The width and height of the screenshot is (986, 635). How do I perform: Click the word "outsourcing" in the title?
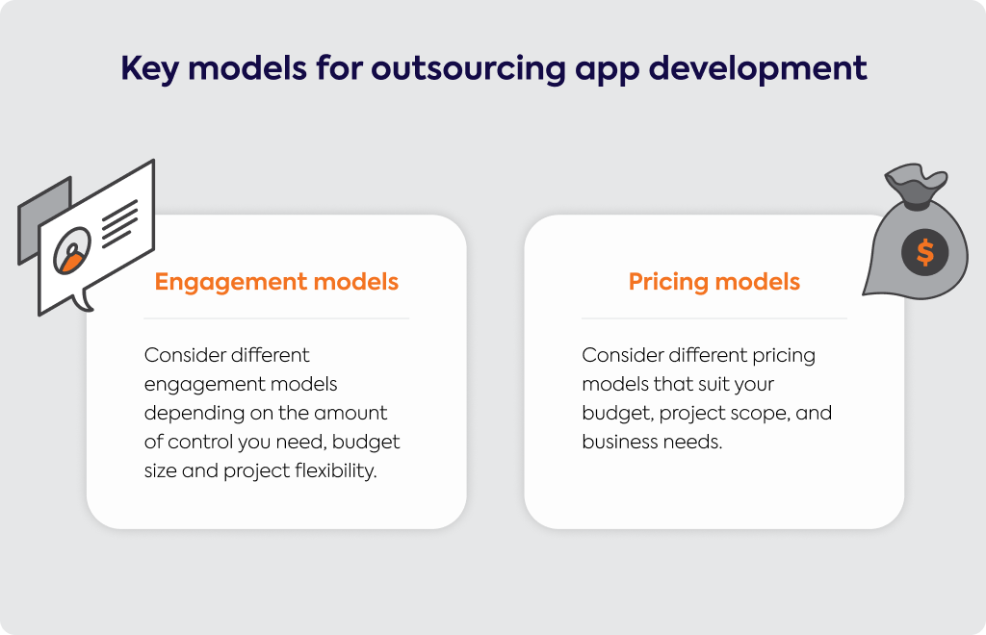click(x=469, y=69)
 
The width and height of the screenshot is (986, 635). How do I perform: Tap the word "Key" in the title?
click(x=149, y=69)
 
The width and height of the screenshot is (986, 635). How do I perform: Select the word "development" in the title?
click(x=758, y=68)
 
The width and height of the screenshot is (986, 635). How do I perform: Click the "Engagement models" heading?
click(x=276, y=282)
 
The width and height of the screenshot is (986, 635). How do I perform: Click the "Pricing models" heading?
click(x=714, y=282)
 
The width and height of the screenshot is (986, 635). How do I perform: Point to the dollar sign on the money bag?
click(x=925, y=252)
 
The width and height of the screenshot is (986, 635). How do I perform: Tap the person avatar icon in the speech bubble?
click(x=72, y=250)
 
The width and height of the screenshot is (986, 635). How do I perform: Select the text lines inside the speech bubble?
click(x=119, y=223)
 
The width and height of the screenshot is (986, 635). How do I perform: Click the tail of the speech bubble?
click(x=83, y=300)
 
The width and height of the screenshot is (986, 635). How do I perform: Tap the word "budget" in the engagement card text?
click(x=366, y=443)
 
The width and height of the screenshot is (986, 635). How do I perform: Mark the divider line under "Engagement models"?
click(x=276, y=318)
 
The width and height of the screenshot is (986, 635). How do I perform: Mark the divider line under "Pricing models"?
click(x=714, y=318)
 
